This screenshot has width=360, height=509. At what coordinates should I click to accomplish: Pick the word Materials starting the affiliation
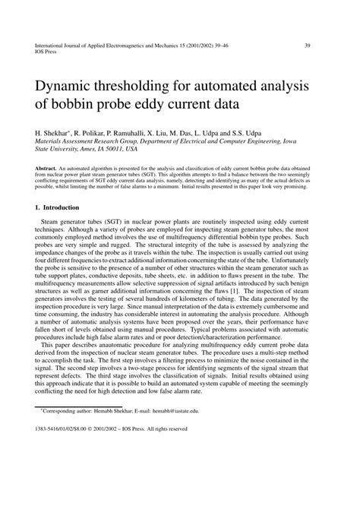click(51, 141)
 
